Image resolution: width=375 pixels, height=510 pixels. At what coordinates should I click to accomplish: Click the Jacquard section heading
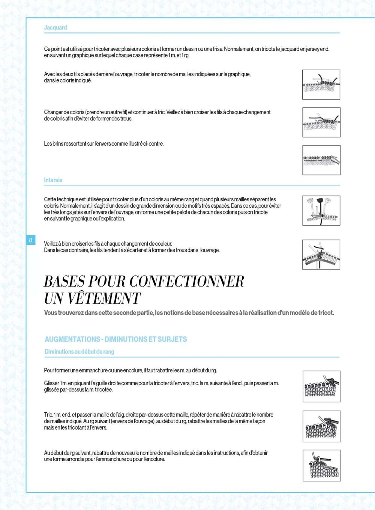(x=55, y=27)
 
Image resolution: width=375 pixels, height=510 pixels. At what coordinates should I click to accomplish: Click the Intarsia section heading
(x=53, y=180)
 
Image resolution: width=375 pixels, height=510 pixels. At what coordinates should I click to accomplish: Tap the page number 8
(x=30, y=240)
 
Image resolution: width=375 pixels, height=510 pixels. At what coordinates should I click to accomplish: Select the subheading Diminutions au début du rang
(x=79, y=352)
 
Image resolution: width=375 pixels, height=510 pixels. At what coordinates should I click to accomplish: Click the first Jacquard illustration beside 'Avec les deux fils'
(x=321, y=84)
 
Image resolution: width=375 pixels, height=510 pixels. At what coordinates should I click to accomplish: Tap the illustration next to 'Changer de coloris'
(x=321, y=122)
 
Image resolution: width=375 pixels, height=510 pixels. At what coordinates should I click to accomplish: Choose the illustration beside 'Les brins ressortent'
(x=321, y=160)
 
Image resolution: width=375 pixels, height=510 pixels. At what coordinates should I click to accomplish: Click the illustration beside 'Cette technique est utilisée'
(x=321, y=210)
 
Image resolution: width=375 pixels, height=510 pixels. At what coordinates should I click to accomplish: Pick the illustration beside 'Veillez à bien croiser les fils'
(x=321, y=255)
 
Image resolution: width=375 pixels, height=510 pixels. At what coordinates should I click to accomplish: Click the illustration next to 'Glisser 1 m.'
(x=321, y=386)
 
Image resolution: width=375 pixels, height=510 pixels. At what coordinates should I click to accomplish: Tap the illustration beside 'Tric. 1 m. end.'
(x=321, y=426)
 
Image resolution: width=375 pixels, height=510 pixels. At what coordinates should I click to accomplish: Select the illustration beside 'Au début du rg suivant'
(x=321, y=466)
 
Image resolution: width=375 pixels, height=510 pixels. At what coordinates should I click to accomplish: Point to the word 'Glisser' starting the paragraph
(x=51, y=383)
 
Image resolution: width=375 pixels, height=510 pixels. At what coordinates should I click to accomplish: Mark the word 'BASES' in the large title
(x=64, y=282)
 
